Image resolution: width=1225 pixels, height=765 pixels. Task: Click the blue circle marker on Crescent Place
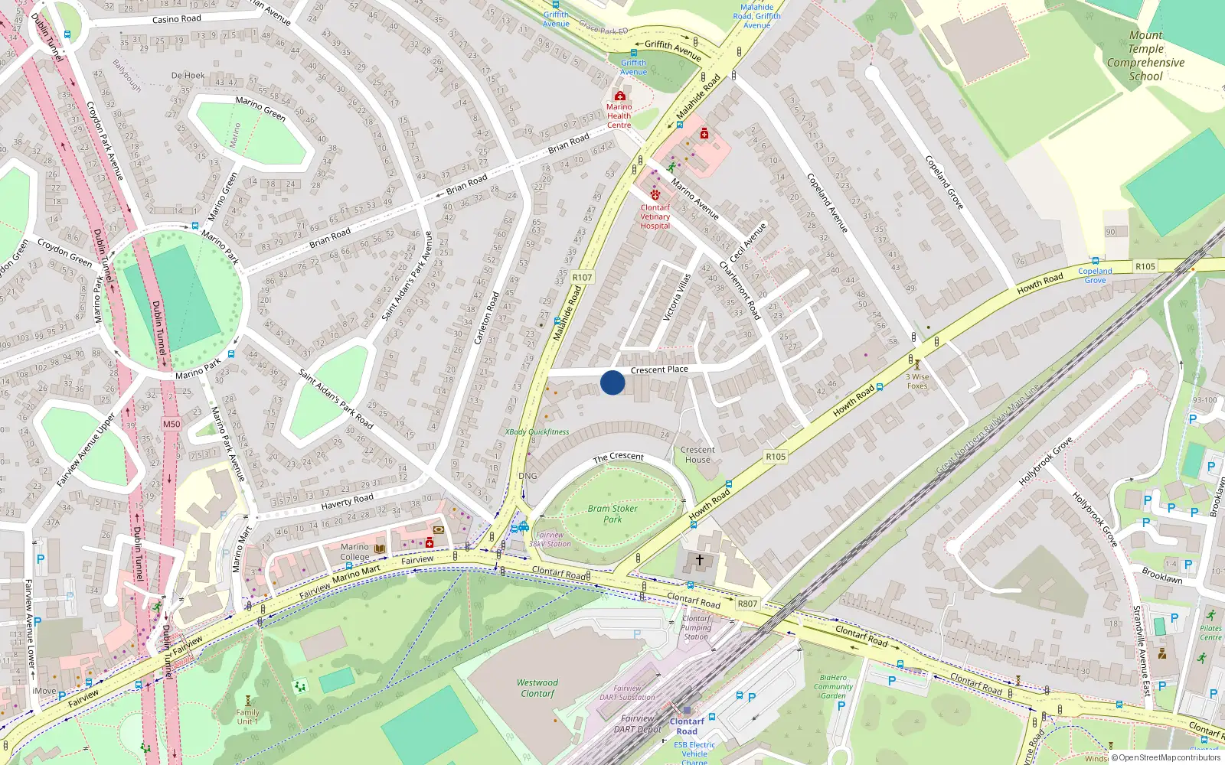612,382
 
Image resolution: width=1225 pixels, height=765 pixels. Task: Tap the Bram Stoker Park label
612,513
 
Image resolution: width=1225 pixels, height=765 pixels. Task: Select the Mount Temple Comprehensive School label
1145,56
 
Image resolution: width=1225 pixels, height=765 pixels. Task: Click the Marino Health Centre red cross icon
620,96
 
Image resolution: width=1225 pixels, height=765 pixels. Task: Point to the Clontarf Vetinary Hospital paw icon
655,195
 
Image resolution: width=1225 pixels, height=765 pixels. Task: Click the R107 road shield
582,278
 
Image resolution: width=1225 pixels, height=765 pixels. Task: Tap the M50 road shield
171,424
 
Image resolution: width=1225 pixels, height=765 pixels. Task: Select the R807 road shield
747,604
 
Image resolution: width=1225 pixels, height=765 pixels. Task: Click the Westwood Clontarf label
537,688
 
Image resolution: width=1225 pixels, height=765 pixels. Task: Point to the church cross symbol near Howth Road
699,560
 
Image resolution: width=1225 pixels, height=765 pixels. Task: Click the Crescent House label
697,454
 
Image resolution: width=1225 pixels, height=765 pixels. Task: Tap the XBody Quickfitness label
537,431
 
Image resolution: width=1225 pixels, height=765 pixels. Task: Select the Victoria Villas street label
677,297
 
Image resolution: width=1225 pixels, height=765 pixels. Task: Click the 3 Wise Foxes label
917,381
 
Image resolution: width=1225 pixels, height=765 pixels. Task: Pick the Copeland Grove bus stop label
1095,275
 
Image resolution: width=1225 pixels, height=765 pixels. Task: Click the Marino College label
354,552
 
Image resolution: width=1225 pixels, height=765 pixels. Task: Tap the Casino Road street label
177,19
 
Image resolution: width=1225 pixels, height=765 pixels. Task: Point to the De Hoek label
188,76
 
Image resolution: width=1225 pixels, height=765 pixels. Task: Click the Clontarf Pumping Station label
696,627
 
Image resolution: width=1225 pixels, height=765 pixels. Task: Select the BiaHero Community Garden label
833,686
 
